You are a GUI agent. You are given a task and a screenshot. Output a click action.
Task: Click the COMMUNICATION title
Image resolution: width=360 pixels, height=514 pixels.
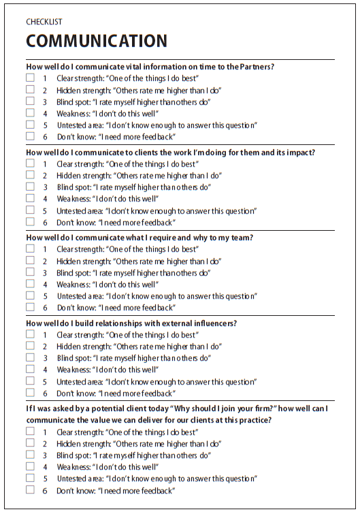click(x=96, y=42)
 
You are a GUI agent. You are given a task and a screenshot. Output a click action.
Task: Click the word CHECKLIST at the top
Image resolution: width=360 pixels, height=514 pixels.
click(x=44, y=22)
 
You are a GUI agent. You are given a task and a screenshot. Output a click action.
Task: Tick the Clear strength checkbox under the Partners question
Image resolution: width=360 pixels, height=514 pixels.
click(x=30, y=78)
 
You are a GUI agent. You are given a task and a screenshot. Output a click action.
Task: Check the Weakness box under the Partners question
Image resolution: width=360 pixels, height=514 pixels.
click(x=30, y=113)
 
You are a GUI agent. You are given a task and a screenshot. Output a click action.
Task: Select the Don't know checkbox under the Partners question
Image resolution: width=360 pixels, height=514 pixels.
click(x=30, y=136)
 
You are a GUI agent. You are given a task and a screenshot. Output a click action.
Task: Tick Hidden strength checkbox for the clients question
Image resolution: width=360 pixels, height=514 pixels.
click(x=30, y=175)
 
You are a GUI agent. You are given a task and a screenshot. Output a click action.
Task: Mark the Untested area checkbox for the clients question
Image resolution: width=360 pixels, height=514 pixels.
click(x=30, y=210)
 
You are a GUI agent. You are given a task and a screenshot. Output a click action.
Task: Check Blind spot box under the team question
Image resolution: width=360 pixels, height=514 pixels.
click(x=30, y=272)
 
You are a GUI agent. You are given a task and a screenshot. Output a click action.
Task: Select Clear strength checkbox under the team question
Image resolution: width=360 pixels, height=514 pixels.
click(x=30, y=249)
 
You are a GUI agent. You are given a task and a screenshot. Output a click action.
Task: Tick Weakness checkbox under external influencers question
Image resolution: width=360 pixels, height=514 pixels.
click(x=30, y=369)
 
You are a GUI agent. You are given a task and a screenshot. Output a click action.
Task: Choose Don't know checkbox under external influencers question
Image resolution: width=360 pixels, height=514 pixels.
click(x=30, y=392)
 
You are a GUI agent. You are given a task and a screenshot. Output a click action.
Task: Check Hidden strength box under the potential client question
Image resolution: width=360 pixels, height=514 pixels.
click(x=30, y=443)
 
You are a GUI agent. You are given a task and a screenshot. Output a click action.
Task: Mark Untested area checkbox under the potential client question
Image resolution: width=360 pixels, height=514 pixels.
click(x=30, y=479)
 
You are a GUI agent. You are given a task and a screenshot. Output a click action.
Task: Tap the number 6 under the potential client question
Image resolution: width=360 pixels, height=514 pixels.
click(x=45, y=491)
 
